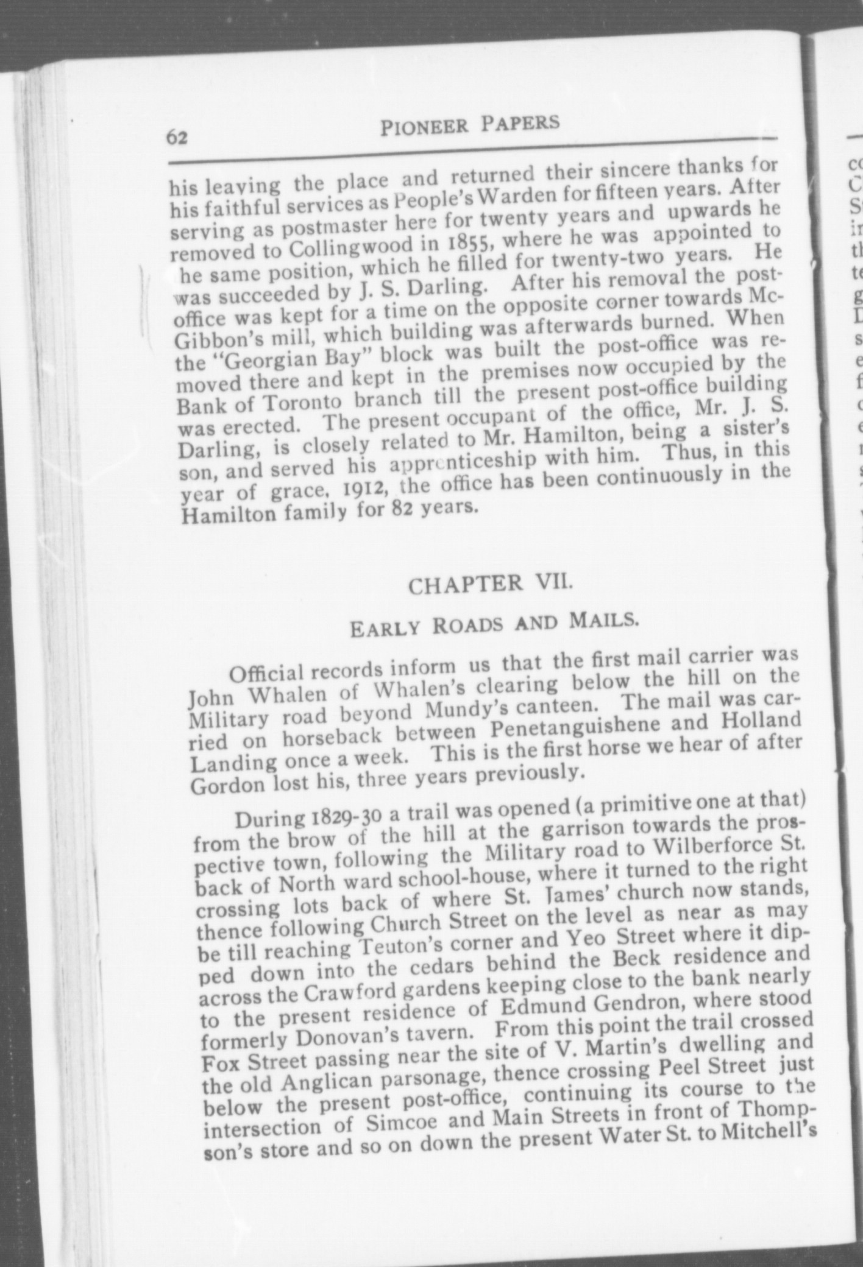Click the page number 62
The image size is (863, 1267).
177,138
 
